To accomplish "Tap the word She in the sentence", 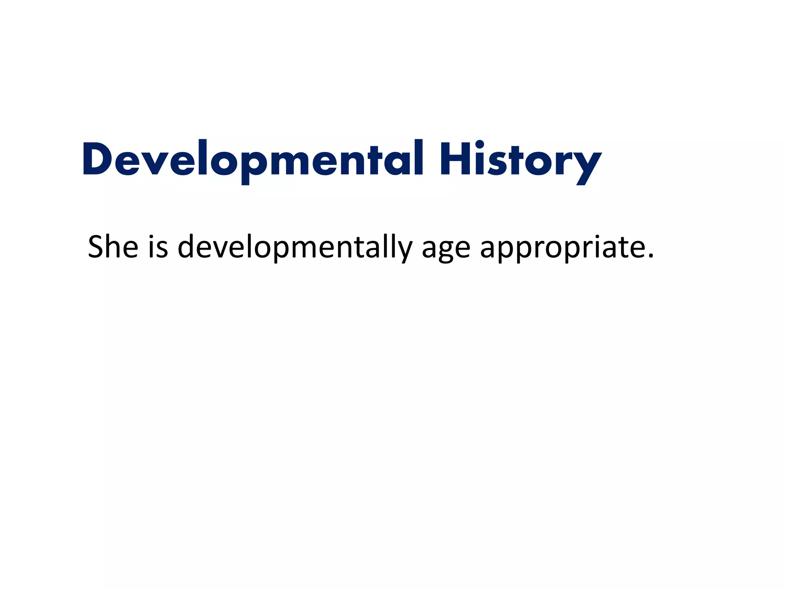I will pos(113,247).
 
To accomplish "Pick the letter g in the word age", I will pos(446,251).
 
